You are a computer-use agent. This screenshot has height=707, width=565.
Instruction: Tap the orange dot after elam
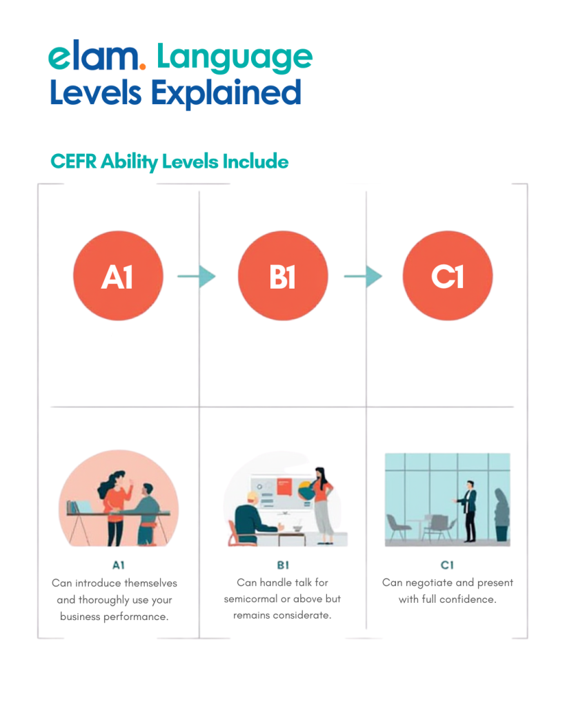point(142,67)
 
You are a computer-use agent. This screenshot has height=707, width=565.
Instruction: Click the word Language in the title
point(235,59)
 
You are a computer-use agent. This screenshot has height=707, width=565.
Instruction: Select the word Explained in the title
point(226,93)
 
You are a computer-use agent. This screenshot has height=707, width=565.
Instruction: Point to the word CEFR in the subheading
point(73,162)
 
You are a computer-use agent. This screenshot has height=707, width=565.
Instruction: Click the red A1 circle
point(118,275)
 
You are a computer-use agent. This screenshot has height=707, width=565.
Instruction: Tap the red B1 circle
point(283,275)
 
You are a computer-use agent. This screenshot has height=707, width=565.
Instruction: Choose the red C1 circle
point(448,275)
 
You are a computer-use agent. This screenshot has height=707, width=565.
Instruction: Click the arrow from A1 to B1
point(197,276)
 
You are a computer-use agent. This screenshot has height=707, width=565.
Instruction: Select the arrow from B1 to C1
point(363,276)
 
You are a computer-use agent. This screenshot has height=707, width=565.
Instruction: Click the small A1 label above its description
point(119,565)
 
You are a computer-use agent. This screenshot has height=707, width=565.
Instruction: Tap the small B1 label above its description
point(283,565)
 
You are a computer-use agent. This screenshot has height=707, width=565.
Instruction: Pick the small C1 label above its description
point(447,565)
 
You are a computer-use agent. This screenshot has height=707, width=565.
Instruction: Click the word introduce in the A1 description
point(98,583)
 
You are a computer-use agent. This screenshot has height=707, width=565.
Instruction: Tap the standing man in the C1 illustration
point(468,511)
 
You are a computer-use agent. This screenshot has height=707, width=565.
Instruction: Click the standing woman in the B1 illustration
point(322,505)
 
